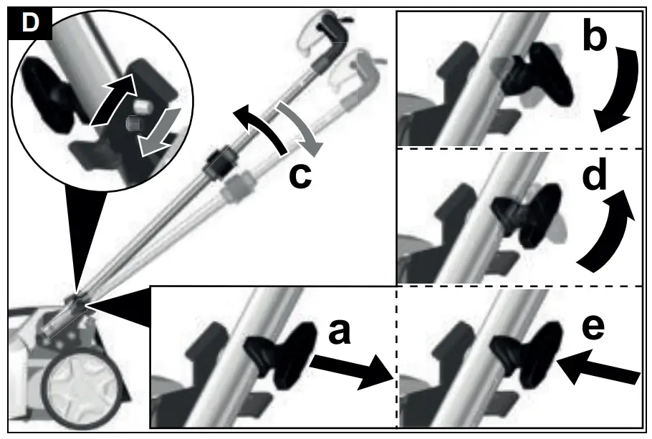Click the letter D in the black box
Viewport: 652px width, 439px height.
pyautogui.click(x=30, y=24)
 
